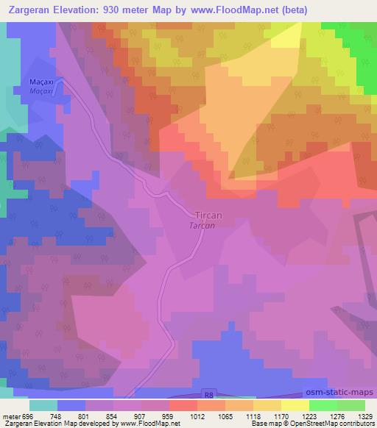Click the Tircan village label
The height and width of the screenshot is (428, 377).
pyautogui.click(x=208, y=215)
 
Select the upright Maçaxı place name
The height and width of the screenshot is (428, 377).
pyautogui.click(x=43, y=82)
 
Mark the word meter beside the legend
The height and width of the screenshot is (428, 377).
pyautogui.click(x=10, y=417)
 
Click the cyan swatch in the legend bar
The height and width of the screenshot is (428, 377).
pyautogui.click(x=43, y=405)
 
